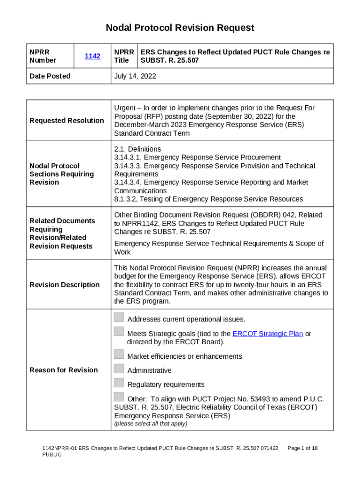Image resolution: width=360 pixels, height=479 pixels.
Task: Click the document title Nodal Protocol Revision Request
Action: tap(180, 28)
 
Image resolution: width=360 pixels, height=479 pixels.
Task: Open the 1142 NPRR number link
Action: tap(92, 56)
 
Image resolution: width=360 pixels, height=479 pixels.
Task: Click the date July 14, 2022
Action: tap(135, 76)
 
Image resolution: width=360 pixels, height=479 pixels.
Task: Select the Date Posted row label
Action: tap(50, 76)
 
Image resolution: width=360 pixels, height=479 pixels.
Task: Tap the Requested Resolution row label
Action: tap(67, 121)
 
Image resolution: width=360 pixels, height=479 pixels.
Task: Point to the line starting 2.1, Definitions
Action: tap(137, 149)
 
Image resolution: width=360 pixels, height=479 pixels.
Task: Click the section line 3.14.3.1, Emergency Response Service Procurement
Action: tap(197, 158)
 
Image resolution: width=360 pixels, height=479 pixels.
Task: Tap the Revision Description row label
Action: tap(65, 285)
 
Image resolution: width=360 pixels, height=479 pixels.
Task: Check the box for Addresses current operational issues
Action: tap(119, 318)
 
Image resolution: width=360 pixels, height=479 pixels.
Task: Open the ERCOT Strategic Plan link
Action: tap(267, 334)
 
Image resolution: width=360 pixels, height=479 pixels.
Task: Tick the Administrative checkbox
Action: tap(119, 369)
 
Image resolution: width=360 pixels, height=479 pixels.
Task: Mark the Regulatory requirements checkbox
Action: tap(119, 383)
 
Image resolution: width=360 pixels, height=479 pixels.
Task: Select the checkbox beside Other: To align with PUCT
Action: tap(119, 398)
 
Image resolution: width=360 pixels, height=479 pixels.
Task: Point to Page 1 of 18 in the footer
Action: tap(302, 448)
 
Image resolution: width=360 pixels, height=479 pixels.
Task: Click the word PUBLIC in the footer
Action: tap(52, 455)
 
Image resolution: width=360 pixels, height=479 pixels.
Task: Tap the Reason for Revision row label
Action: tap(64, 370)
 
